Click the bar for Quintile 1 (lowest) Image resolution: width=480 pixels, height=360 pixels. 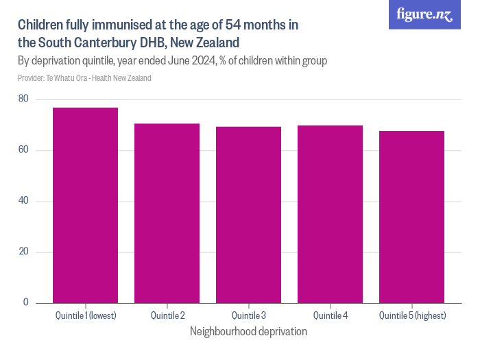tap(85, 205)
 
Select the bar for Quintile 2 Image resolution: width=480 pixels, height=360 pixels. tap(167, 213)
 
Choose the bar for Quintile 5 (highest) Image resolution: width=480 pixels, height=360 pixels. tap(411, 217)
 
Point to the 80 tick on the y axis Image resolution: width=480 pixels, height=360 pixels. tap(23, 99)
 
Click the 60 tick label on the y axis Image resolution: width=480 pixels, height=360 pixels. tap(23, 150)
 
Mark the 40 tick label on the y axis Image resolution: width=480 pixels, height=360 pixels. tap(23, 201)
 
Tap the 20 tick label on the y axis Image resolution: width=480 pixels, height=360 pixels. tap(23, 252)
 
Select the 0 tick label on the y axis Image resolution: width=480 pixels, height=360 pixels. tap(26, 302)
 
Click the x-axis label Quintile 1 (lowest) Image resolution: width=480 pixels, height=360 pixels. tap(85, 315)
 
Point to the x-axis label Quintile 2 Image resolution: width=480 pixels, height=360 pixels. tap(167, 315)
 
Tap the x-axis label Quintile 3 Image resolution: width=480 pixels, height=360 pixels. tap(248, 315)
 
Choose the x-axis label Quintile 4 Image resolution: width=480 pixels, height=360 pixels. tap(330, 315)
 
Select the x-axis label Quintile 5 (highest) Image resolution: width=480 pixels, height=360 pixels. tap(411, 315)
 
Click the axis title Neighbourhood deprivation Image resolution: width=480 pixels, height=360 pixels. tap(248, 331)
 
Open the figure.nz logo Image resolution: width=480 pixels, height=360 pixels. tap(424, 14)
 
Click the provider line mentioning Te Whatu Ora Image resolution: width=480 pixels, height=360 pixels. tap(84, 78)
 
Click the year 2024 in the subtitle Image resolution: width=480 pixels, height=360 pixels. tap(204, 61)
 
